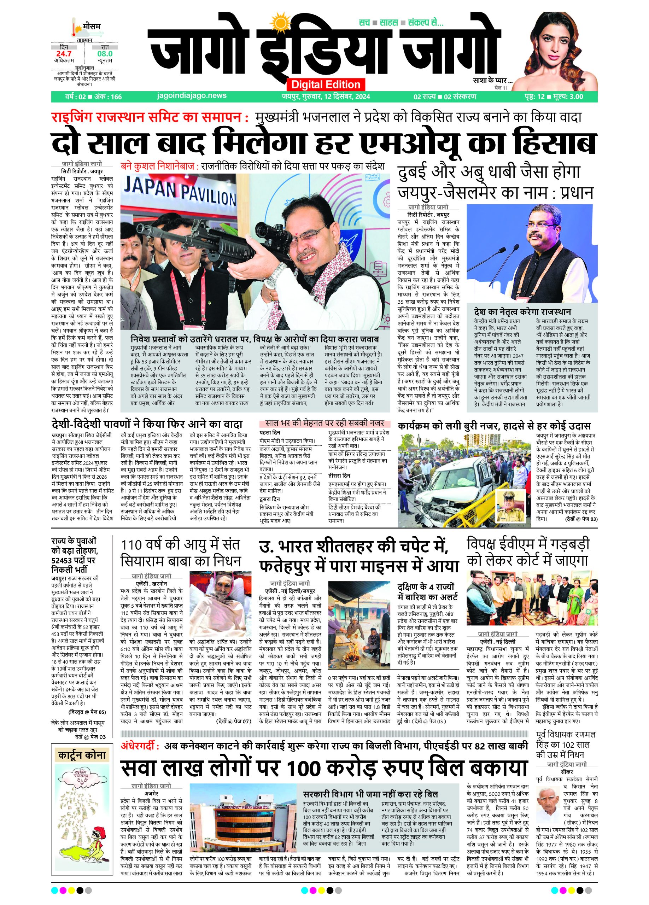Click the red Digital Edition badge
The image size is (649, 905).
click(326, 84)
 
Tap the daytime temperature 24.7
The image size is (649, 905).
click(64, 53)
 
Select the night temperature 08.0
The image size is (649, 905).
click(105, 53)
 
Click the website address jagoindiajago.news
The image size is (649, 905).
click(192, 96)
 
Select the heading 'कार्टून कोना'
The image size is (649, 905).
click(82, 755)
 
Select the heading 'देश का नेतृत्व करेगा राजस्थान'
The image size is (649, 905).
click(522, 312)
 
